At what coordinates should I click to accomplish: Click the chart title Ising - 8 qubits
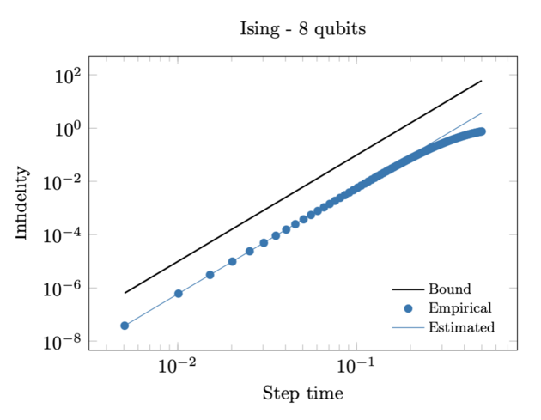point(302,30)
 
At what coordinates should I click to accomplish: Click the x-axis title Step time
point(302,394)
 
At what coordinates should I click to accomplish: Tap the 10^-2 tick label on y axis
point(62,182)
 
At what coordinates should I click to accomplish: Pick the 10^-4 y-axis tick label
point(62,235)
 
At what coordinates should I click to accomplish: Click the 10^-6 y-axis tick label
point(62,289)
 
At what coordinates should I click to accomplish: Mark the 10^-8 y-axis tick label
point(62,342)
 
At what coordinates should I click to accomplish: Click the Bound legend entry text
point(449,289)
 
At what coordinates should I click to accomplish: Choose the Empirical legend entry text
point(459,307)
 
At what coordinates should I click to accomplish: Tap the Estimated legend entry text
point(461,327)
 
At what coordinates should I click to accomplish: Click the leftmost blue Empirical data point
point(125,326)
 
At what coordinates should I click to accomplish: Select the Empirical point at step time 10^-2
point(178,294)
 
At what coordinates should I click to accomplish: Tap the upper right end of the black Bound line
point(481,81)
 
